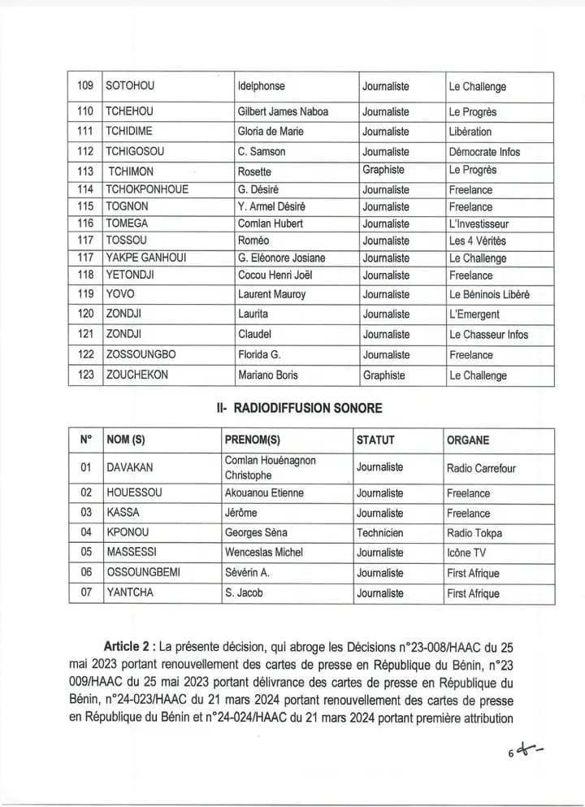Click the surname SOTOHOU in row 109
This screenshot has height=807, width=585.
129,86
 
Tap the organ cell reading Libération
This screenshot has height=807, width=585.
470,132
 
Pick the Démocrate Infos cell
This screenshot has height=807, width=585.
484,152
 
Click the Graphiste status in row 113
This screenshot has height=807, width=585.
383,171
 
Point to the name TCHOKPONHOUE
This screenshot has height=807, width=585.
147,189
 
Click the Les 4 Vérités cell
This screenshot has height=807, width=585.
477,241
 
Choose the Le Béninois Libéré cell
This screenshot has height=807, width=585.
488,294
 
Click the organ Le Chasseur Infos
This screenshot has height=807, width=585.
487,334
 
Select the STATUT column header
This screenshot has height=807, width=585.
375,440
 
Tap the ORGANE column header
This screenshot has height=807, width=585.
468,440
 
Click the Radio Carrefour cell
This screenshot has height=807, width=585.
481,468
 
